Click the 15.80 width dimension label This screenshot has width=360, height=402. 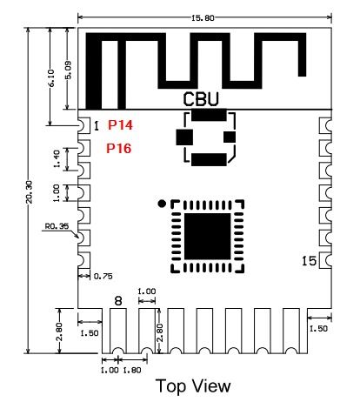pyautogui.click(x=203, y=18)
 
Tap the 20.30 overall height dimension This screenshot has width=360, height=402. pyautogui.click(x=30, y=191)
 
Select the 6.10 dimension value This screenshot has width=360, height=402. pyautogui.click(x=50, y=78)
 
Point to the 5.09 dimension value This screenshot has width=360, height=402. pyautogui.click(x=68, y=70)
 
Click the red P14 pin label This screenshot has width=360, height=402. pyautogui.click(x=120, y=125)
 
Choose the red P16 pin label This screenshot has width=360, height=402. pyautogui.click(x=119, y=148)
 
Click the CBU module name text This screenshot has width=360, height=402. pyautogui.click(x=201, y=99)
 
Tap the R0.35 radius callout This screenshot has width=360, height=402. pyautogui.click(x=57, y=226)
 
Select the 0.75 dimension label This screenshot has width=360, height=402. pyautogui.click(x=103, y=276)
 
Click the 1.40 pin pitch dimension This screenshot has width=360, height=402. pyautogui.click(x=57, y=158)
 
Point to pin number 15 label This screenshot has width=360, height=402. pyautogui.click(x=309, y=261)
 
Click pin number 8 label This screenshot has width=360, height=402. pyautogui.click(x=118, y=301)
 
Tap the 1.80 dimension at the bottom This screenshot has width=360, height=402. pyautogui.click(x=132, y=371)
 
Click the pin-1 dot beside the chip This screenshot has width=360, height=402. pyautogui.click(x=162, y=204)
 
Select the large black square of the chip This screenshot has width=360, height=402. pyautogui.click(x=208, y=237)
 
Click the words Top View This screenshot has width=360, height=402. pyautogui.click(x=193, y=386)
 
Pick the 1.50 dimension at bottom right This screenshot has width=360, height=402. pyautogui.click(x=318, y=329)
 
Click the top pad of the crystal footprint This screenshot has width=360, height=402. pyautogui.click(x=209, y=115)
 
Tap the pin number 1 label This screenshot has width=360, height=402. pyautogui.click(x=97, y=126)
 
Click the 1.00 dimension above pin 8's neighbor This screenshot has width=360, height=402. pyautogui.click(x=147, y=291)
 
